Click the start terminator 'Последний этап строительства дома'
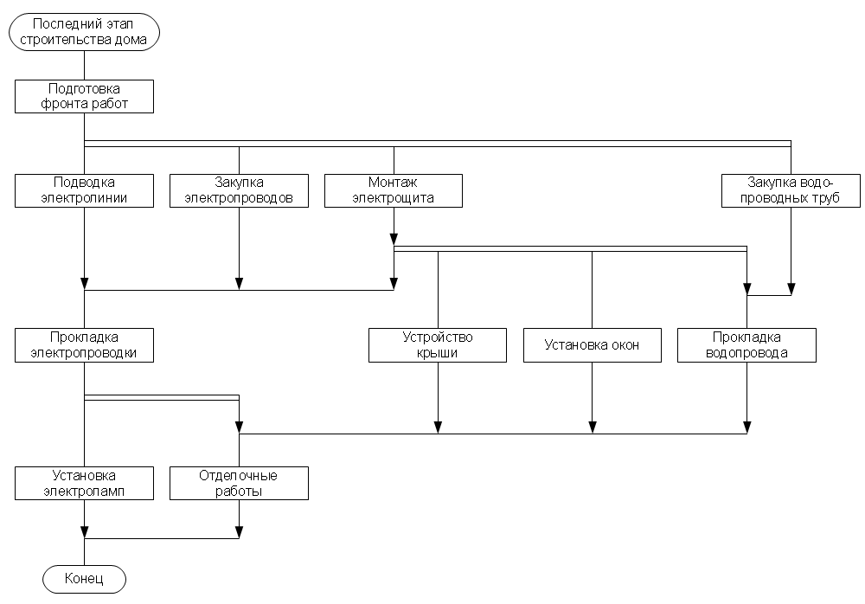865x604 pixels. click(84, 32)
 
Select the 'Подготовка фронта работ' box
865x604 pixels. click(84, 96)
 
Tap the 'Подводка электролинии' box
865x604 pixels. click(84, 190)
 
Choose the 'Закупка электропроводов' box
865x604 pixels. click(239, 190)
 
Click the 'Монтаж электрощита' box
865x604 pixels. click(394, 190)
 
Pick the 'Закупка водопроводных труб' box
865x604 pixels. click(791, 190)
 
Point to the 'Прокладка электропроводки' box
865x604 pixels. click(84, 344)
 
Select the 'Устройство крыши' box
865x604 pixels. click(438, 344)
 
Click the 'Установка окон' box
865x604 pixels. click(593, 344)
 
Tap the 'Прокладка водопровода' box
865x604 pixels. click(746, 344)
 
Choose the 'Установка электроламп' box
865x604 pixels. click(84, 483)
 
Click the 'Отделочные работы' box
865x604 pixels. click(239, 483)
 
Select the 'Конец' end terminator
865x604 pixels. click(84, 579)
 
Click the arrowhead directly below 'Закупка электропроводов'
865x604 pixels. click(239, 283)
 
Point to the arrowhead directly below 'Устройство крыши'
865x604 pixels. click(438, 426)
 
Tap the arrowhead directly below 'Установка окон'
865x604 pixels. click(593, 426)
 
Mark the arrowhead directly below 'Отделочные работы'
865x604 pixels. click(239, 531)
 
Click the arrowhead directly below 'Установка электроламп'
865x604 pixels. click(84, 531)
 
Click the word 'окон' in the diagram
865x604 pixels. click(623, 345)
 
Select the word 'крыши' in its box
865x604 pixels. click(438, 352)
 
